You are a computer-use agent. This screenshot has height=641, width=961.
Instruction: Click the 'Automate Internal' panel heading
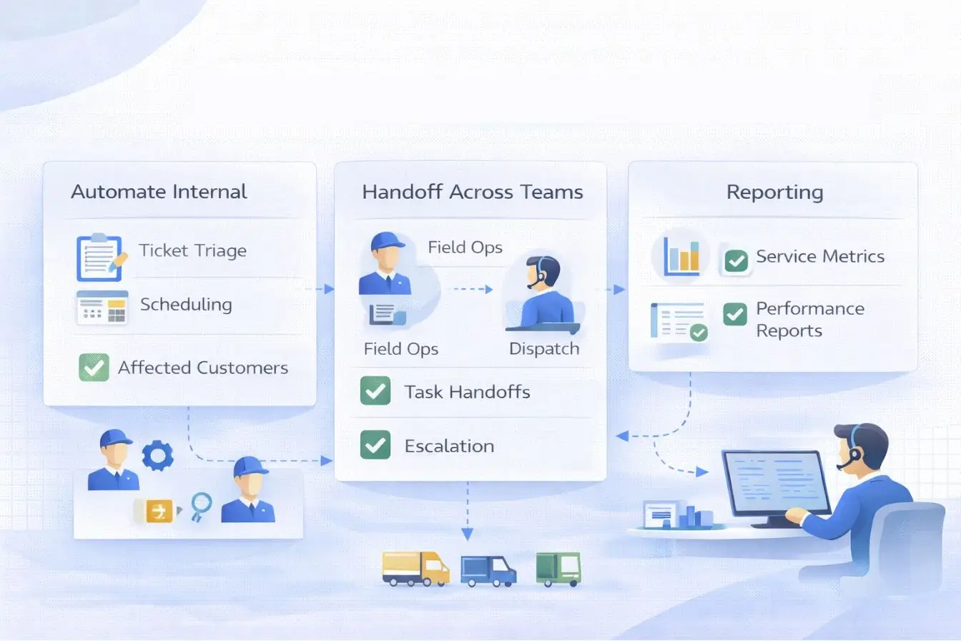(x=159, y=192)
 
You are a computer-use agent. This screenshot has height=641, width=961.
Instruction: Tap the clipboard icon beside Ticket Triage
(x=99, y=257)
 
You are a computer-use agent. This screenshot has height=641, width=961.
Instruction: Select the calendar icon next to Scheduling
(x=102, y=308)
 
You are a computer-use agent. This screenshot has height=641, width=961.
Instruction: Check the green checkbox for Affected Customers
(x=94, y=368)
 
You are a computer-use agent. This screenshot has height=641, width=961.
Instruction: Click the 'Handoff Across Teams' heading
(x=472, y=192)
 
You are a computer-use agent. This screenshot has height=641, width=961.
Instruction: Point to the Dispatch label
(x=543, y=349)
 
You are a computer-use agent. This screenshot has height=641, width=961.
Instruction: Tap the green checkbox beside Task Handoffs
(x=375, y=391)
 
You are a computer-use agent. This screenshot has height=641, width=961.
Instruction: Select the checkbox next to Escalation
(x=375, y=445)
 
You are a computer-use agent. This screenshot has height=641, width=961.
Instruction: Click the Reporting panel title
(x=774, y=192)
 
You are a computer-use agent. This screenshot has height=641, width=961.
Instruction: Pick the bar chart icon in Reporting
(x=681, y=255)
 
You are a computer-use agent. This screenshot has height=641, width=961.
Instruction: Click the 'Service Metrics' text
(x=819, y=256)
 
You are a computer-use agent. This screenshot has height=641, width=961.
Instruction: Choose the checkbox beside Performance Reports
(x=735, y=314)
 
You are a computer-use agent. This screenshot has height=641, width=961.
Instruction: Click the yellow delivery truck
(x=415, y=569)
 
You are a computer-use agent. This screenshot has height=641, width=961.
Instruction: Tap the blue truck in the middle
(x=488, y=571)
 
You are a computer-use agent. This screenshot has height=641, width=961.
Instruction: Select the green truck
(x=558, y=569)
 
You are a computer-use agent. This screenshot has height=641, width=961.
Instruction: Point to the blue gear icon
(x=157, y=455)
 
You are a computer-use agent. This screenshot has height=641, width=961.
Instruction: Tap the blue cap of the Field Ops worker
(x=387, y=240)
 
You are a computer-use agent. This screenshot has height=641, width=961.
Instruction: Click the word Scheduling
(x=186, y=304)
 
